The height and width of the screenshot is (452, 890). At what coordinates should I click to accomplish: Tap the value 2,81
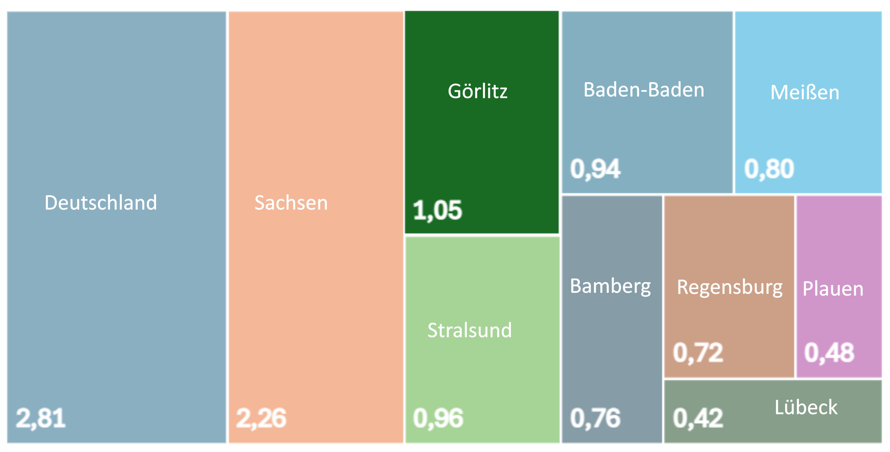click(41, 418)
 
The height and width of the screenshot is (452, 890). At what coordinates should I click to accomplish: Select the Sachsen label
click(291, 203)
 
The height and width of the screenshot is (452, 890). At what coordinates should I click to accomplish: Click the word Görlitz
click(478, 91)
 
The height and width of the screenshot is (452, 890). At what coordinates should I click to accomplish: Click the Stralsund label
click(469, 330)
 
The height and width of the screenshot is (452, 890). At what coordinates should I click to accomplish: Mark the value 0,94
click(595, 169)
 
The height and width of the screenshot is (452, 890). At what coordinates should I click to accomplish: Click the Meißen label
click(805, 93)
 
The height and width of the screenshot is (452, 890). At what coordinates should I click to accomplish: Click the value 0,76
click(595, 418)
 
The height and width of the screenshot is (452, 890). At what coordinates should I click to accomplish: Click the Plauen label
click(833, 289)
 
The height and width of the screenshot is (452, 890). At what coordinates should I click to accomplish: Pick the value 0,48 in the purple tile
click(829, 353)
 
